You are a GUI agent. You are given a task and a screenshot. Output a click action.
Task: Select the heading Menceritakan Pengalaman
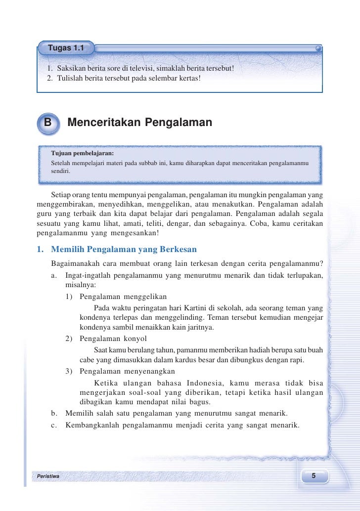[x=139, y=123]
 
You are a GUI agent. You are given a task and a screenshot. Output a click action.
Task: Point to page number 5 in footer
[x=313, y=476]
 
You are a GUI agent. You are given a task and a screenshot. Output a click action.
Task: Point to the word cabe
[x=87, y=360]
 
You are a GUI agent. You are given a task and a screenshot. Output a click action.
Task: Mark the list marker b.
[x=54, y=413]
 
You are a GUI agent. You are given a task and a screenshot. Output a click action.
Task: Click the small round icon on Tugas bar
[x=318, y=49]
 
